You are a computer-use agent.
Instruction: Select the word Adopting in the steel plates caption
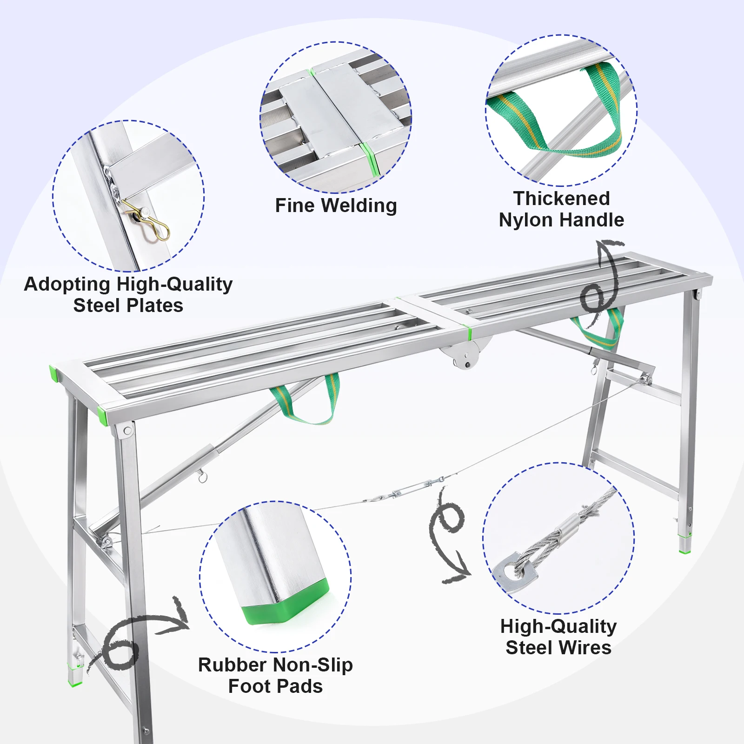pos(67,284)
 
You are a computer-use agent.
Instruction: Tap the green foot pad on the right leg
pos(684,545)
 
